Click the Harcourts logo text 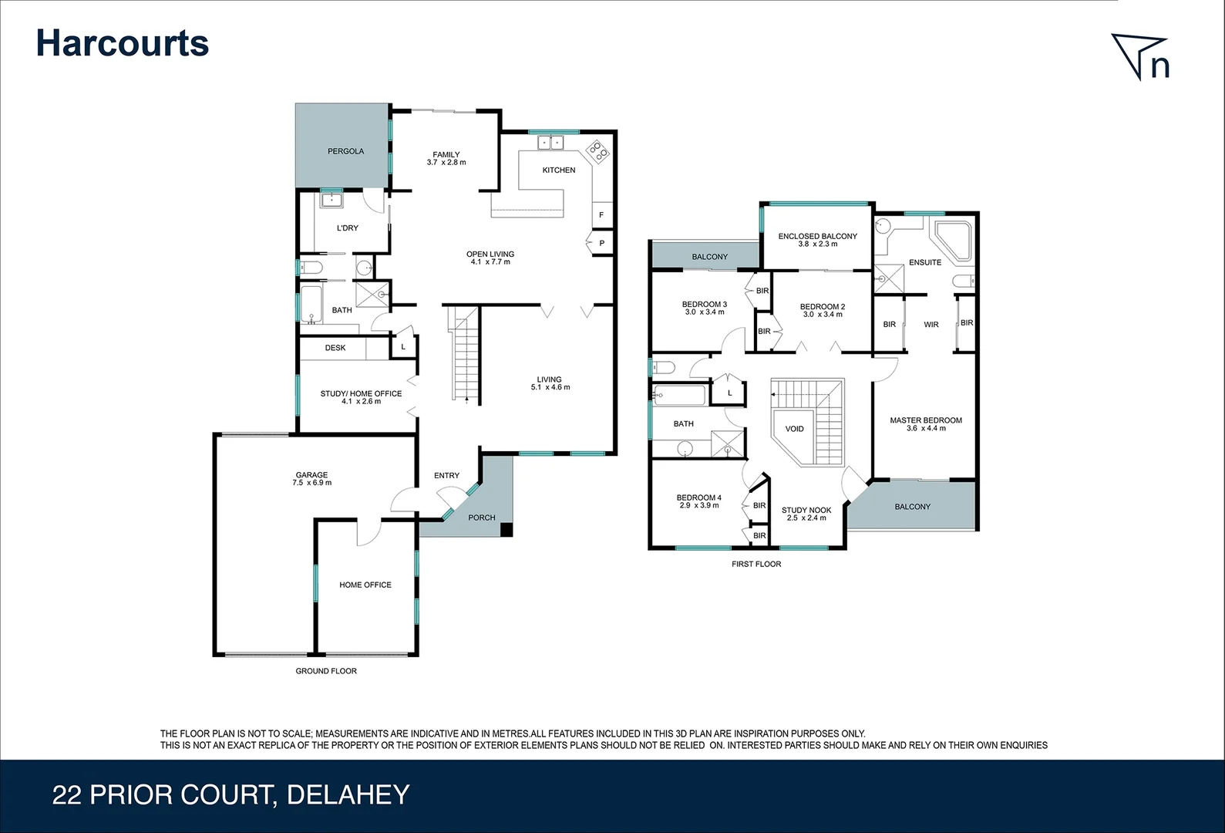click(122, 43)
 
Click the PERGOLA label click(345, 151)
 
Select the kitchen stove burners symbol click(598, 151)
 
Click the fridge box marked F click(601, 214)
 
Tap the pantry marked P click(601, 243)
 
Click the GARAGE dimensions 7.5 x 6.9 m click(311, 483)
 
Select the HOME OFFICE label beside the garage click(365, 585)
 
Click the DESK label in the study click(335, 348)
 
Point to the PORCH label click(482, 518)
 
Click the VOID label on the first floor click(794, 429)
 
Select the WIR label click(931, 325)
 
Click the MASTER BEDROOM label click(925, 420)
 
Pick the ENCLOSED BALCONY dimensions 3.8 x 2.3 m click(817, 244)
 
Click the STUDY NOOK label click(806, 510)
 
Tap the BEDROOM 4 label click(698, 497)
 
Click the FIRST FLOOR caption click(756, 564)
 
